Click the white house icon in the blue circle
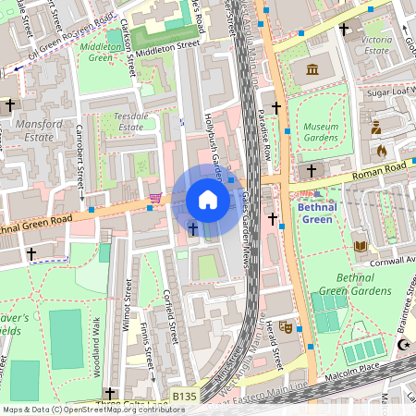(x=208, y=200)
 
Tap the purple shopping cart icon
(x=155, y=198)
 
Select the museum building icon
(x=312, y=69)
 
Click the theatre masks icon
(x=286, y=326)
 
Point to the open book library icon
(x=361, y=246)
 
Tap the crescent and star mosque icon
(x=403, y=345)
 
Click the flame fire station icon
(x=379, y=150)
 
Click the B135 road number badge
(x=183, y=397)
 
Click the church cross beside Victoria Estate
(x=344, y=30)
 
